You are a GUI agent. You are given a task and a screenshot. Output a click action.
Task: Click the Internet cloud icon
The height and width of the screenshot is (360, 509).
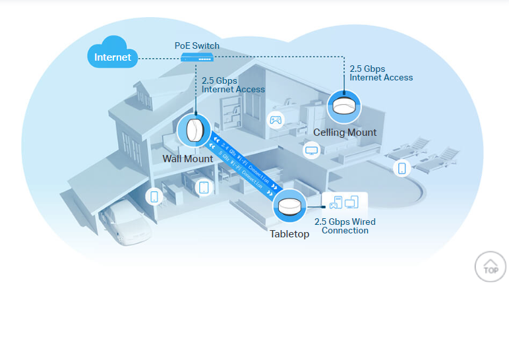coord(112,54)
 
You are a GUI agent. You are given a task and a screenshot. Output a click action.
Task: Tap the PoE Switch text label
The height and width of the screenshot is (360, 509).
coord(196,46)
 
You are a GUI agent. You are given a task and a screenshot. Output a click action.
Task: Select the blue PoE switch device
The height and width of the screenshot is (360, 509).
coord(196,59)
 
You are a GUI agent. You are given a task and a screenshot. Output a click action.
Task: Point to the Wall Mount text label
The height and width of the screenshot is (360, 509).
coord(188,159)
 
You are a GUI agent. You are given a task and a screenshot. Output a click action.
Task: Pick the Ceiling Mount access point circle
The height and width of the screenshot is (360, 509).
coord(344,105)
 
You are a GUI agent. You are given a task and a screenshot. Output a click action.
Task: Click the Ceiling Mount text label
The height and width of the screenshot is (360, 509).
coord(345,133)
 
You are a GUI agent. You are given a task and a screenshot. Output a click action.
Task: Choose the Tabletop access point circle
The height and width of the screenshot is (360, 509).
coord(289,206)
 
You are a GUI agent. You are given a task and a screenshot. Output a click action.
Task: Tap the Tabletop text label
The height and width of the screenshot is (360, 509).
coord(289,234)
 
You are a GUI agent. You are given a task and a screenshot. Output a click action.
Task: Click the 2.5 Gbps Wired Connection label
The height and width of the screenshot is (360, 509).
coord(345,226)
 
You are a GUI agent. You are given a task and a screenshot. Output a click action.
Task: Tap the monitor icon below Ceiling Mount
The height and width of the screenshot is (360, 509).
coord(312,150)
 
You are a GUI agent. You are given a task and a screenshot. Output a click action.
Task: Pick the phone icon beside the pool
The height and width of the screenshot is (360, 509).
coord(402,168)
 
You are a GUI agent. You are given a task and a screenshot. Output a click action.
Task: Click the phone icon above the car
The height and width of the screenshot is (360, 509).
coord(154,196)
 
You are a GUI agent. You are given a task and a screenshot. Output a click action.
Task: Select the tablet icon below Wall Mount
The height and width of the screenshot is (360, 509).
coord(204,187)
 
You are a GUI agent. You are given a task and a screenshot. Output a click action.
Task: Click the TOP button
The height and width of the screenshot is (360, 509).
coord(491,266)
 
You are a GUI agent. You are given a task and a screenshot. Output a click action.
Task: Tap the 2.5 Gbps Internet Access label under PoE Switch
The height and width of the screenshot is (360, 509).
coord(233,85)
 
